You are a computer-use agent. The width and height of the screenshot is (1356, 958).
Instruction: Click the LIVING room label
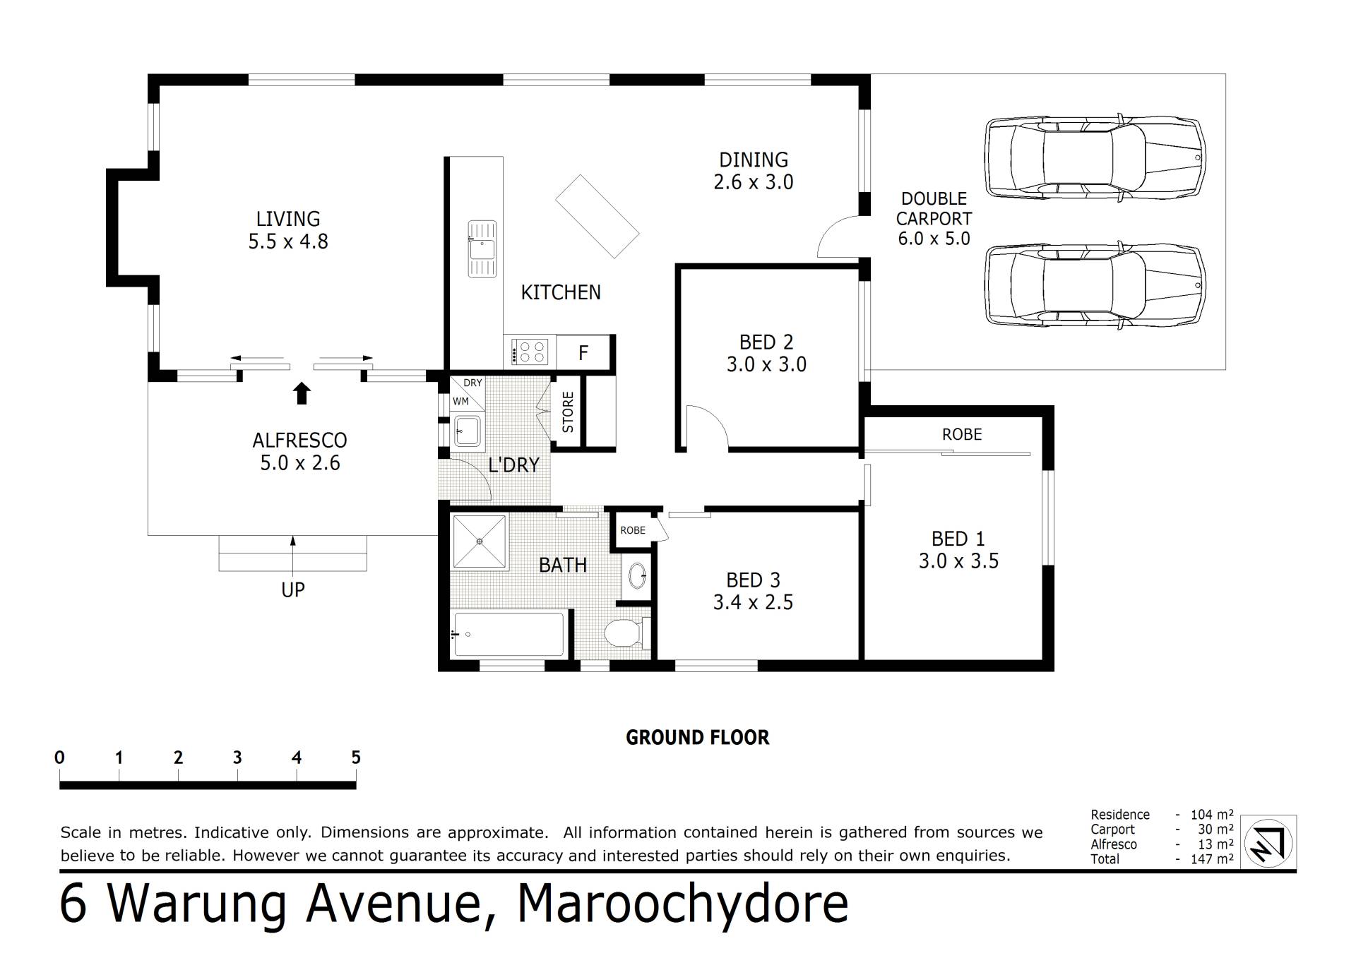288,219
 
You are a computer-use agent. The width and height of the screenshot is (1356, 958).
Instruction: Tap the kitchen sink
482,249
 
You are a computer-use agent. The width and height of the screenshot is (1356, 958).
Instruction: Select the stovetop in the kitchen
530,352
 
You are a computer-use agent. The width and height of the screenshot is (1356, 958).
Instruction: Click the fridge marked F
583,352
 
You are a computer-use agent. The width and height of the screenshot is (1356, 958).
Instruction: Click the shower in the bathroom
480,541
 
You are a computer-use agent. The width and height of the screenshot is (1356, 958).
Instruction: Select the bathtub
509,634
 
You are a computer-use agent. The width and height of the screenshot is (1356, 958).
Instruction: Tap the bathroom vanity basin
638,575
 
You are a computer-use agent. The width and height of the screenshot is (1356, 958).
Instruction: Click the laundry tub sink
467,430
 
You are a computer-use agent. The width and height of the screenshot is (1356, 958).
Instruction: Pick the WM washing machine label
460,401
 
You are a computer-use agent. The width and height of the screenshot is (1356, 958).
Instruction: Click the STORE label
568,412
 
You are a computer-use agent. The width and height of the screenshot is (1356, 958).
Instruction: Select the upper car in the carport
1095,156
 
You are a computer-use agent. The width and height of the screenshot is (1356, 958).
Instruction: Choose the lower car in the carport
1095,285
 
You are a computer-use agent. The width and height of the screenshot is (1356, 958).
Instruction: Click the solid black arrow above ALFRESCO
302,393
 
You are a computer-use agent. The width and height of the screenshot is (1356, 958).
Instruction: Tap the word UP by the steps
293,589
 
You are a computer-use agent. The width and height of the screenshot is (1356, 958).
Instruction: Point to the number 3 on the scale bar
237,758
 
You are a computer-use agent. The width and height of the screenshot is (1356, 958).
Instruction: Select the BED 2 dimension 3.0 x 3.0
766,364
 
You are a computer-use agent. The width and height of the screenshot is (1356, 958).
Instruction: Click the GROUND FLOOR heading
697,738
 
